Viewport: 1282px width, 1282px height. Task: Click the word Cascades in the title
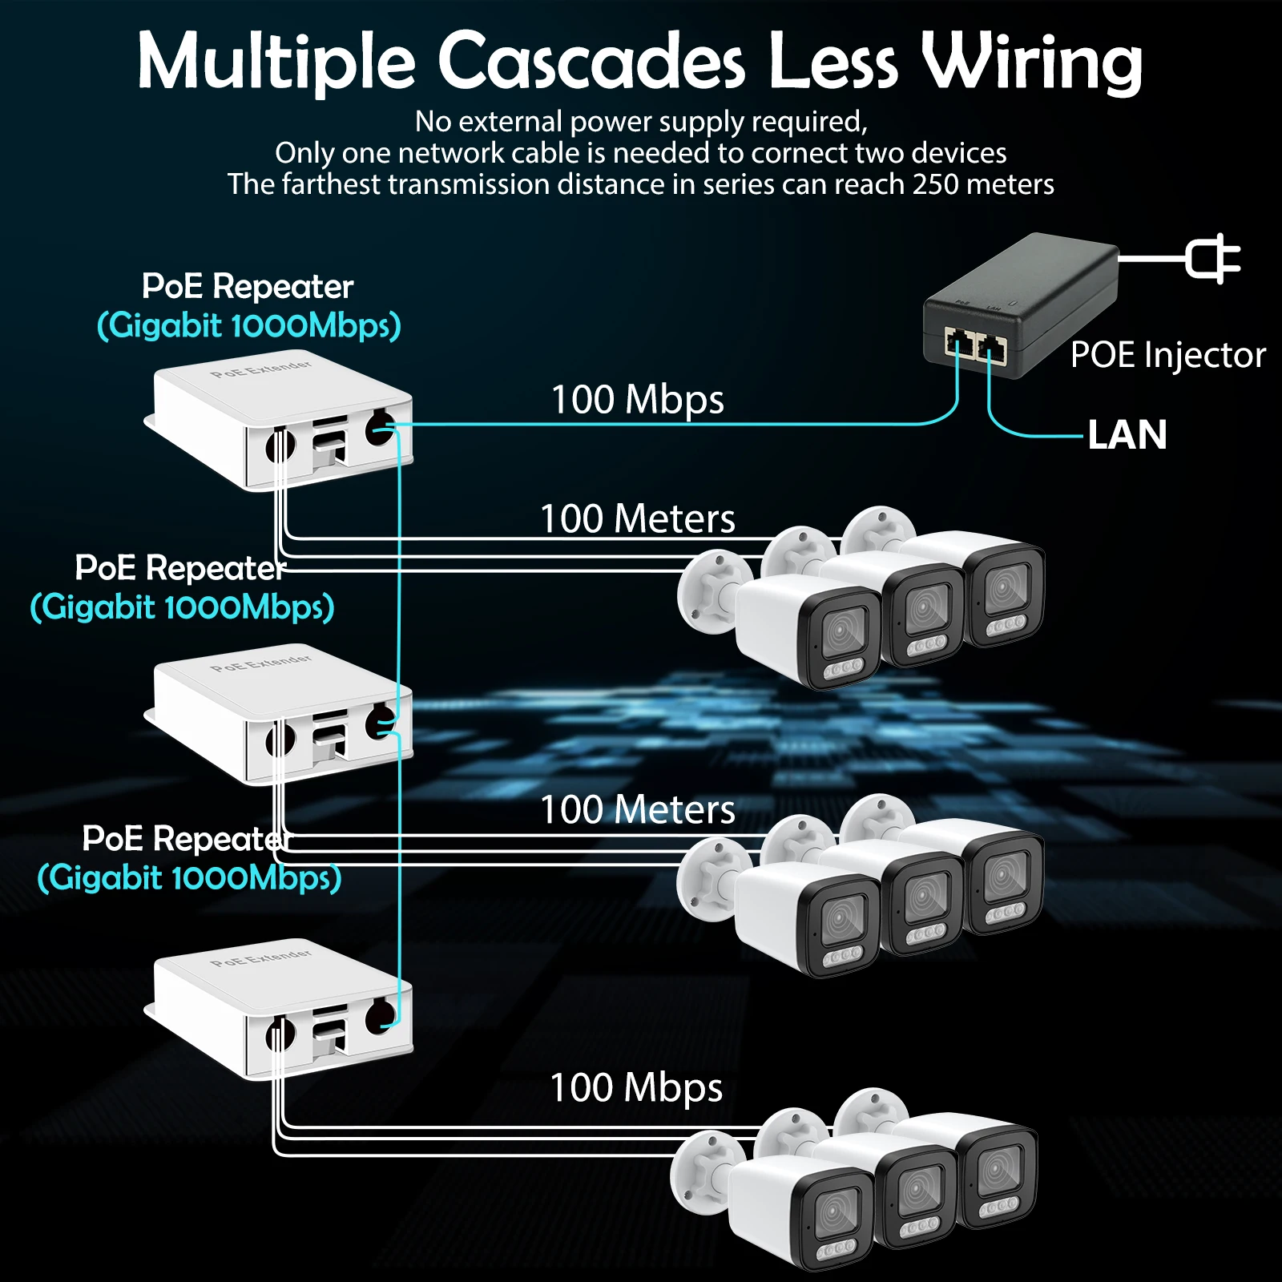tap(591, 62)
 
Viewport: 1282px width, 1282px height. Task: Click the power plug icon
tap(1212, 258)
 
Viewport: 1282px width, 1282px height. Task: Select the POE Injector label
tap(1167, 354)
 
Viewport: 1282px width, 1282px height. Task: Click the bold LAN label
tap(1127, 435)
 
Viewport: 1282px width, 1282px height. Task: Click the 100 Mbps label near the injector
tap(638, 399)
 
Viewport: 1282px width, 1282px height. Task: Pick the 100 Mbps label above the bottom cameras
tap(636, 1087)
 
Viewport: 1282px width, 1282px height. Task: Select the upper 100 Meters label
tap(638, 518)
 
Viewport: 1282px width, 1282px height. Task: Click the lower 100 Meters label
tap(638, 809)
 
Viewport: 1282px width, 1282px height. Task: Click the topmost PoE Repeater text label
tap(248, 286)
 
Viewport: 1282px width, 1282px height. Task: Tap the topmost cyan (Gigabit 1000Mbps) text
tap(248, 326)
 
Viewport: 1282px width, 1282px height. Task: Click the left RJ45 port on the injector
tap(958, 342)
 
